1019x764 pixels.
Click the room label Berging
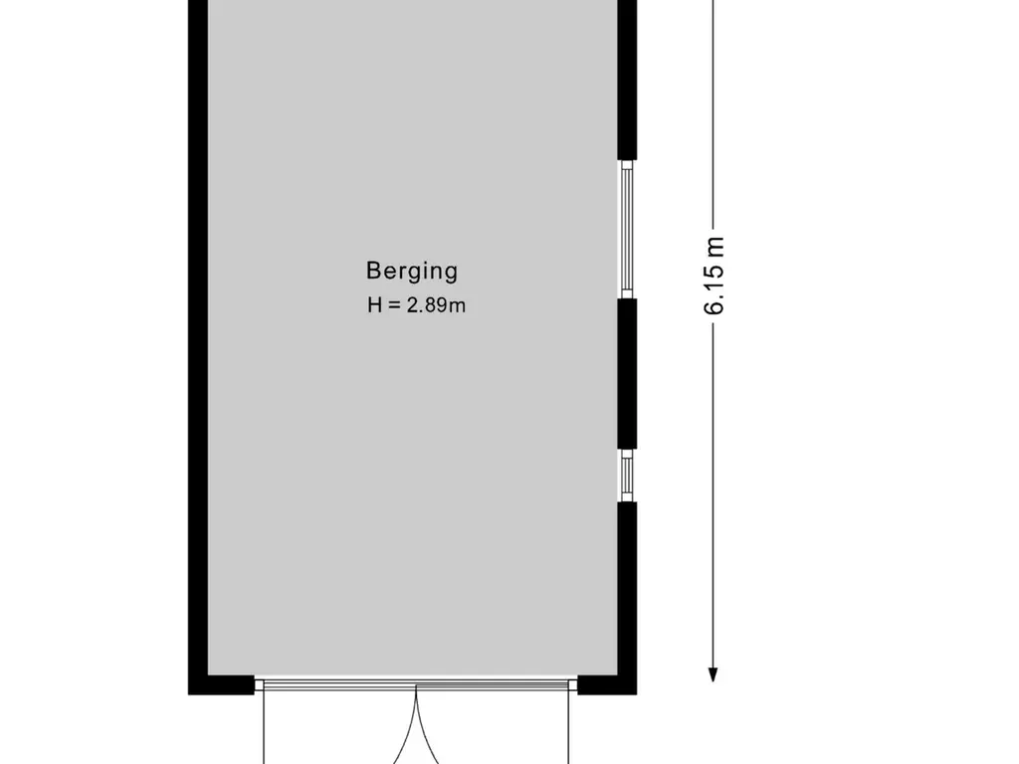(x=412, y=272)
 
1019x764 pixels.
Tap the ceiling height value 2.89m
(x=436, y=304)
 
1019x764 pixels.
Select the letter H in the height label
(x=374, y=304)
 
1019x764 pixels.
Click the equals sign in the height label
(x=394, y=305)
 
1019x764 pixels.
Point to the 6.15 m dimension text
(x=713, y=276)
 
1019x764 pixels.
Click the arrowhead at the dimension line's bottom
(x=713, y=675)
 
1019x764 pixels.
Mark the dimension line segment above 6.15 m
(x=713, y=113)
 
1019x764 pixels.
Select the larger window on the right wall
(x=627, y=230)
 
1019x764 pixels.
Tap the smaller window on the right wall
(x=627, y=476)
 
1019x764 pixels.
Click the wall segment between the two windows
(x=627, y=374)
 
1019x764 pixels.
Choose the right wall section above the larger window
(x=627, y=80)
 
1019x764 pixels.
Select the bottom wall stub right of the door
(x=607, y=684)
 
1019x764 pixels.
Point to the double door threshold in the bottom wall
(x=416, y=684)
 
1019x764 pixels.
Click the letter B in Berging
(x=372, y=271)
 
